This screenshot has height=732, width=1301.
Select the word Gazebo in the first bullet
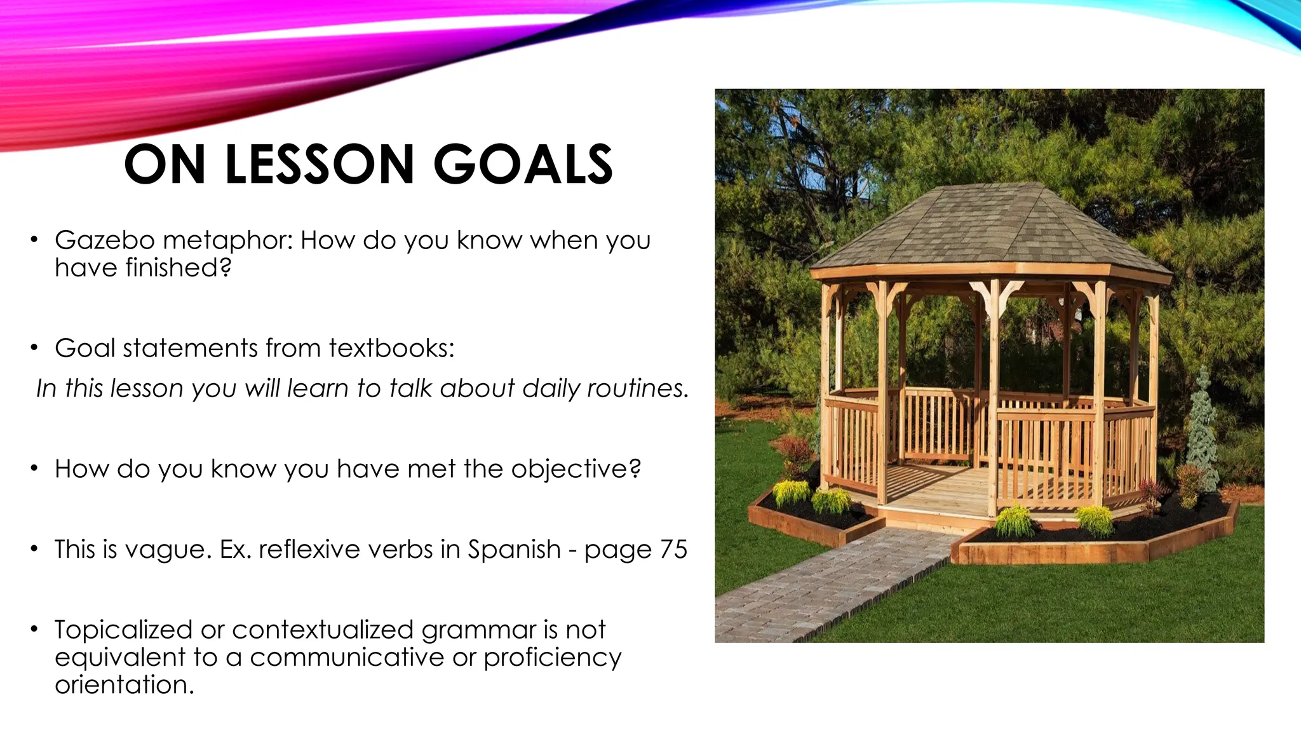(104, 240)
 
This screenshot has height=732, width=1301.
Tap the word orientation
(124, 685)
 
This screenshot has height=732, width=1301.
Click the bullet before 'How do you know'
(34, 469)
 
